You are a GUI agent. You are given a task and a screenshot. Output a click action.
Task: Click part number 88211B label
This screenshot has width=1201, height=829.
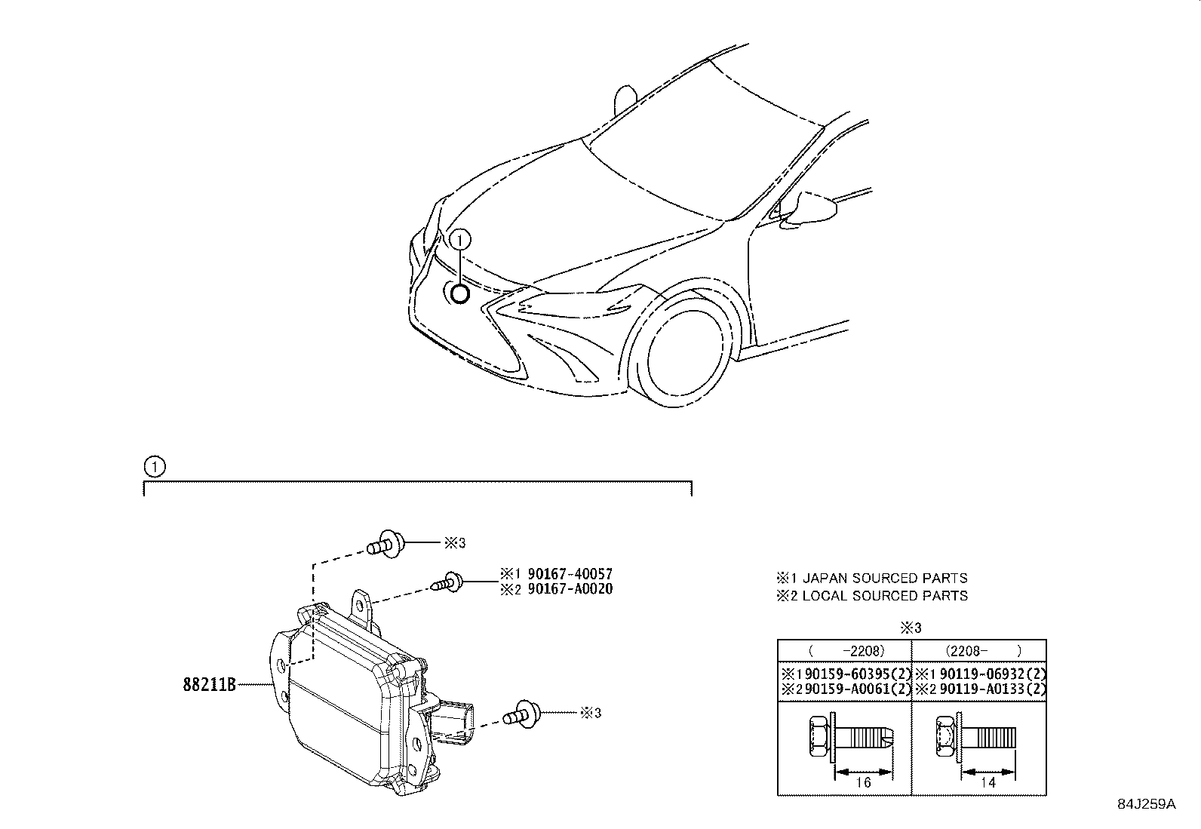tap(209, 684)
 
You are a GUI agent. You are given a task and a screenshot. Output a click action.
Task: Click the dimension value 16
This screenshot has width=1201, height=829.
tap(864, 782)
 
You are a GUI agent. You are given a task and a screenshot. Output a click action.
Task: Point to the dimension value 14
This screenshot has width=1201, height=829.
tap(988, 782)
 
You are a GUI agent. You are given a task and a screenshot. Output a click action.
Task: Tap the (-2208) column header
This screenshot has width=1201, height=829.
tap(845, 650)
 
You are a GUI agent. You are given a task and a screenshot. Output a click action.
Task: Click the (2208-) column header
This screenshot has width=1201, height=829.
tap(978, 650)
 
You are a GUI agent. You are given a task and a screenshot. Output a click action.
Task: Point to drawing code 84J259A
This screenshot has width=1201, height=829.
tap(1147, 803)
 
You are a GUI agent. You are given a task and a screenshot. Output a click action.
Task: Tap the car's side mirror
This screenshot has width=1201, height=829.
tap(811, 209)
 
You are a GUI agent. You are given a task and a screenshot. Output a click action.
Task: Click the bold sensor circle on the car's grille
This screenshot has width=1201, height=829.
tap(459, 293)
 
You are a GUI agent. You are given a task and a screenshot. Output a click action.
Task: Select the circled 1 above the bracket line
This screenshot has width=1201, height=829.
tap(153, 467)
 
